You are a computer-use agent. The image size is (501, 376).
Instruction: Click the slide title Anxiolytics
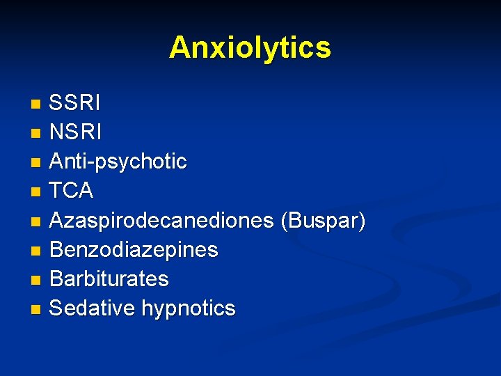[250, 48]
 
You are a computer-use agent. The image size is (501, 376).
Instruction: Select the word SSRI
[74, 104]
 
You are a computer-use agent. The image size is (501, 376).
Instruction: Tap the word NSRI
[76, 132]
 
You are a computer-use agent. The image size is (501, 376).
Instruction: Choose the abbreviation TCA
[71, 191]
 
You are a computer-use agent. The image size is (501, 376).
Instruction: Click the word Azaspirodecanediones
[161, 220]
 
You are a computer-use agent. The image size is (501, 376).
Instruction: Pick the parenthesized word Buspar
[322, 220]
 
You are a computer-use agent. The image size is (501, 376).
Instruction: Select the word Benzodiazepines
[134, 249]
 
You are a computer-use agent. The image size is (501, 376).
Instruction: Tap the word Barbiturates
[109, 279]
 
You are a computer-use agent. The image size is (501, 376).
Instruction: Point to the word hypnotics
[188, 308]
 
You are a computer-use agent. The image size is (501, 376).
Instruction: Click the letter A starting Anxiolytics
[180, 47]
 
